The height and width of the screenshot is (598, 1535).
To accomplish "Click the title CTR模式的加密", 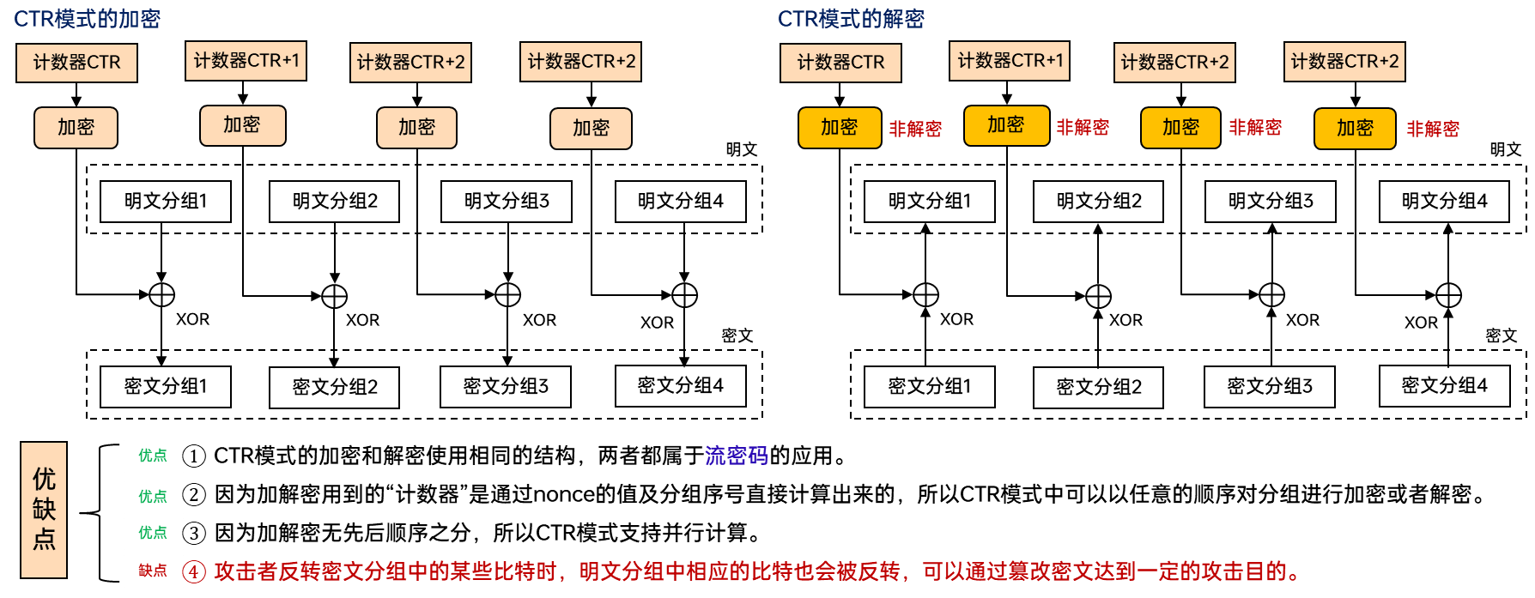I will coord(87,19).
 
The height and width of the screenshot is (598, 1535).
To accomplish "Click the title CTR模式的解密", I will coord(851,19).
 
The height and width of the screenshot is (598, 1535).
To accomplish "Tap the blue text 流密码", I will coord(737,456).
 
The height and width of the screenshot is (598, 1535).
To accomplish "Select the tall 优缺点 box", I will coord(44,510).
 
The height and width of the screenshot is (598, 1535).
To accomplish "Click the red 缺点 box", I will coord(153,571).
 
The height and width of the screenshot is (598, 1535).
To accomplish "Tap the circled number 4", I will coord(195,571).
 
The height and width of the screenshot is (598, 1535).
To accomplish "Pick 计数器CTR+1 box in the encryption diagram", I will coord(246,61).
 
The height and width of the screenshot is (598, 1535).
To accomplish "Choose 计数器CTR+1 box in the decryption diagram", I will coord(1010,61).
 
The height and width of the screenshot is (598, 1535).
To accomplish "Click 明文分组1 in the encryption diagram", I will coord(166,202).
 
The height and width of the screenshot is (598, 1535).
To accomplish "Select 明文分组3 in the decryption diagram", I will coord(1271,202).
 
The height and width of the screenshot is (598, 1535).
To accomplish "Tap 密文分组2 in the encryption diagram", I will coord(335,387).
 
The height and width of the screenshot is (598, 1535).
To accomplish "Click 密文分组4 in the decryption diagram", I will coord(1445,386).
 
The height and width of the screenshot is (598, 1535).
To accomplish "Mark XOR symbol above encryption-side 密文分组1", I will coord(161,295).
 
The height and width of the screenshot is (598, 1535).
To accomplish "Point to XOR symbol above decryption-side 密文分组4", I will coord(1448,296).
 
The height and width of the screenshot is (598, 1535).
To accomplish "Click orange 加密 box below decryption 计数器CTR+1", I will coord(1006,125).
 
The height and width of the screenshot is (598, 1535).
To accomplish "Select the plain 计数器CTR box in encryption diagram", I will coord(76,63).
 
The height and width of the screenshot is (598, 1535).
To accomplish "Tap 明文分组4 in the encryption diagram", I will coord(681,202).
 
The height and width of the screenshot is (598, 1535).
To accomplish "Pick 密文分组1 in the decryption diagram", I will coord(930,387).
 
